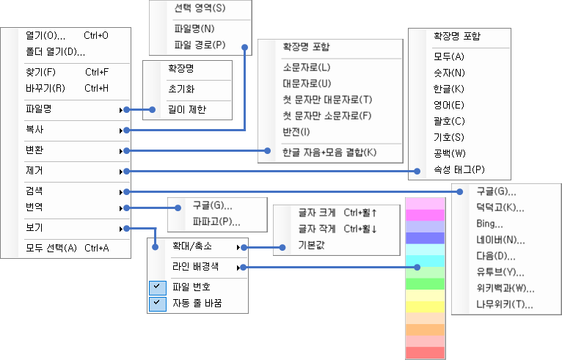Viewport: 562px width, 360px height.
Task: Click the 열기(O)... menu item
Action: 45,35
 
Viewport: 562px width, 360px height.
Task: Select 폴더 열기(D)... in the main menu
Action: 55,52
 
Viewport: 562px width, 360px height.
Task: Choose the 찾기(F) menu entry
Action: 40,72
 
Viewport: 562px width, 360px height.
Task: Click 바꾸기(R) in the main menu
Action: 45,88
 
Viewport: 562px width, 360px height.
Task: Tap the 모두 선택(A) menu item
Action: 51,248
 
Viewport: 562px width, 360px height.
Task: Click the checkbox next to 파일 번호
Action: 158,287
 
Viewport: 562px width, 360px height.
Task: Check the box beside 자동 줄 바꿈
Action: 158,303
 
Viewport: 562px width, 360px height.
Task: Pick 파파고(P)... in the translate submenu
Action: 216,221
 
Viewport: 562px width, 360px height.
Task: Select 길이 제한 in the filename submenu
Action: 187,110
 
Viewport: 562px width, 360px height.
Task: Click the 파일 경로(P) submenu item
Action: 200,45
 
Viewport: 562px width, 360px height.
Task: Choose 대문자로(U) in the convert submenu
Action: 307,83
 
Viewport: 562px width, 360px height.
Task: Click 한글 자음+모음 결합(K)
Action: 329,153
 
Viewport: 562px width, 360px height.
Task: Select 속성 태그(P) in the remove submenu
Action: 459,169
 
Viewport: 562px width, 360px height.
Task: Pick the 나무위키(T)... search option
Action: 504,304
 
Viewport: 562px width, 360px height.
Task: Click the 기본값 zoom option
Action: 311,244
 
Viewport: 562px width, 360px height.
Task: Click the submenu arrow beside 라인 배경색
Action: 238,267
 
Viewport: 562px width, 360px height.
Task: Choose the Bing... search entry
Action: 489,224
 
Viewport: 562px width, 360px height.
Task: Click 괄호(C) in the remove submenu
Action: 449,120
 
